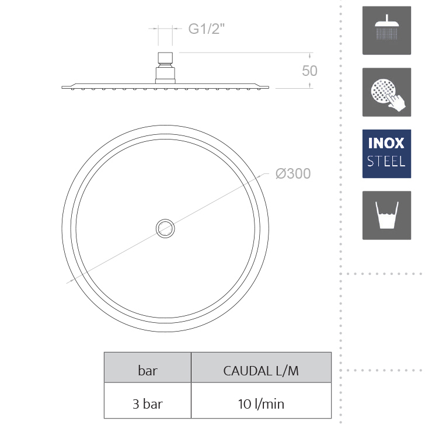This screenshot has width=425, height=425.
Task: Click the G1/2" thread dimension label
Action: click(207, 29)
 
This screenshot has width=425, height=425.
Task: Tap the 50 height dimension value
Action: click(309, 71)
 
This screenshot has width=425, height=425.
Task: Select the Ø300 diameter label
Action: click(293, 173)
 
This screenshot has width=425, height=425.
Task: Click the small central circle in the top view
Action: click(165, 228)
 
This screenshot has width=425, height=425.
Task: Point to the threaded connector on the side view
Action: click(165, 68)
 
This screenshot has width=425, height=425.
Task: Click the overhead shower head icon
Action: click(386, 30)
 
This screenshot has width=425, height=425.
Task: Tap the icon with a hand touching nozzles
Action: click(386, 92)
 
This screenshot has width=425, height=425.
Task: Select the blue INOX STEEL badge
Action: click(386, 154)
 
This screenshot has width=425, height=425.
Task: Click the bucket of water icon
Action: click(386, 215)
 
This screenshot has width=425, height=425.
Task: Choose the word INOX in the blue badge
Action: click(386, 143)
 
